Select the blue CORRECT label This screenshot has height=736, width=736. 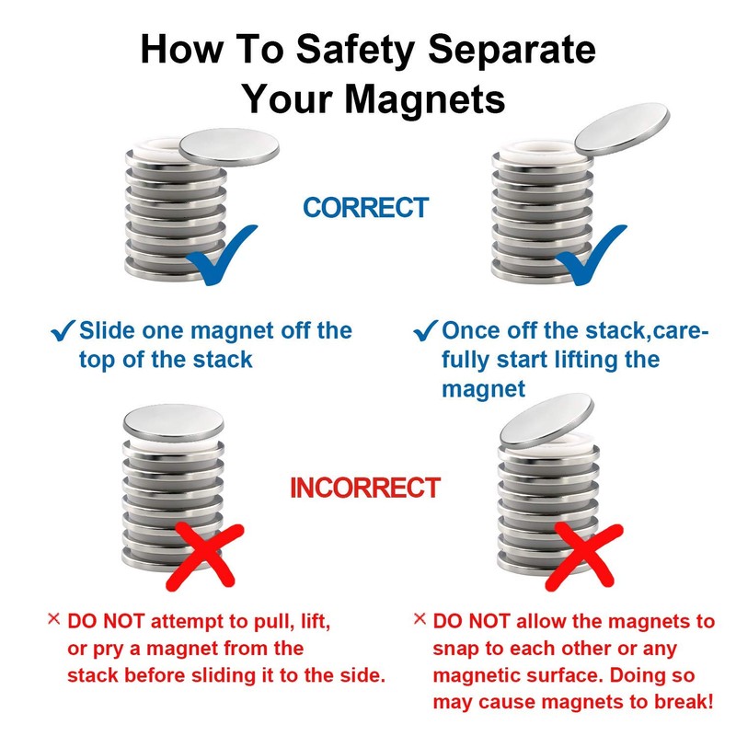[x=366, y=208]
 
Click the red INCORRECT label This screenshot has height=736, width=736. [x=365, y=488]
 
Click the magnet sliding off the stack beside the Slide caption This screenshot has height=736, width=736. [x=227, y=145]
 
